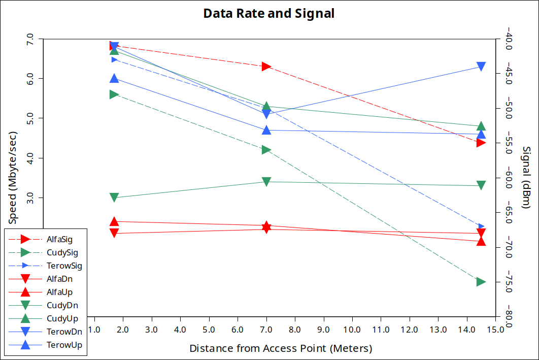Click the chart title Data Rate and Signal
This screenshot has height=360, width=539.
point(268,14)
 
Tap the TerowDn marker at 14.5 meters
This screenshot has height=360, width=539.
point(481,67)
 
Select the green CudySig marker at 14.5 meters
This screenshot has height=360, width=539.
point(481,282)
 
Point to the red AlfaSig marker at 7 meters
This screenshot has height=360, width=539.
point(266,67)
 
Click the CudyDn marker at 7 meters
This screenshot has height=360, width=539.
point(266,182)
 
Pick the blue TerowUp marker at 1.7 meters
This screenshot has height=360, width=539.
point(114,78)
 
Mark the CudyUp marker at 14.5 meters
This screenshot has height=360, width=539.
point(481,126)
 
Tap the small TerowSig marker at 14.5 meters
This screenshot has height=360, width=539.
point(482,226)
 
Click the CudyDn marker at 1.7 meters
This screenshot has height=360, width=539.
point(114,198)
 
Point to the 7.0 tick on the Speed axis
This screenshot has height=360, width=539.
point(29,39)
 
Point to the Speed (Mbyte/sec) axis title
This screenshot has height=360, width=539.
point(13,178)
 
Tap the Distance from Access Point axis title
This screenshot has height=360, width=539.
point(281,349)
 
